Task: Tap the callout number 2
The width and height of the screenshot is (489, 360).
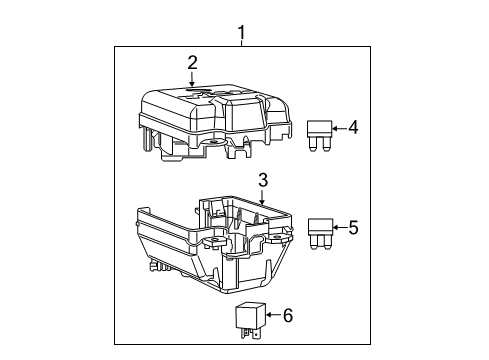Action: (192, 63)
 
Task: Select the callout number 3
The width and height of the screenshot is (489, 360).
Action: (262, 181)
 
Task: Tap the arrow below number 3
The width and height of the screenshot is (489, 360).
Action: (262, 197)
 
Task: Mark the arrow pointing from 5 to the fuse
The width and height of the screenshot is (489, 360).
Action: (339, 227)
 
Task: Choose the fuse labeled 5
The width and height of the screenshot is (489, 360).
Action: (320, 230)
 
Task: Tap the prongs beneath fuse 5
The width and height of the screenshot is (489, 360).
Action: (320, 243)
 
